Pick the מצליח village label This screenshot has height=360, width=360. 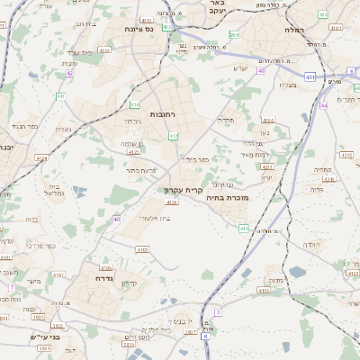[287, 85]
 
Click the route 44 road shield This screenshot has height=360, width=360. [323, 106]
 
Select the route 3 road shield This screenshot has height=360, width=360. [218, 312]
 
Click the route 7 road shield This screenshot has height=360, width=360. [13, 287]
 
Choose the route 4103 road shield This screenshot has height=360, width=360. [142, 249]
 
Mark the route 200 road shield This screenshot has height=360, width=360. [234, 34]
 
